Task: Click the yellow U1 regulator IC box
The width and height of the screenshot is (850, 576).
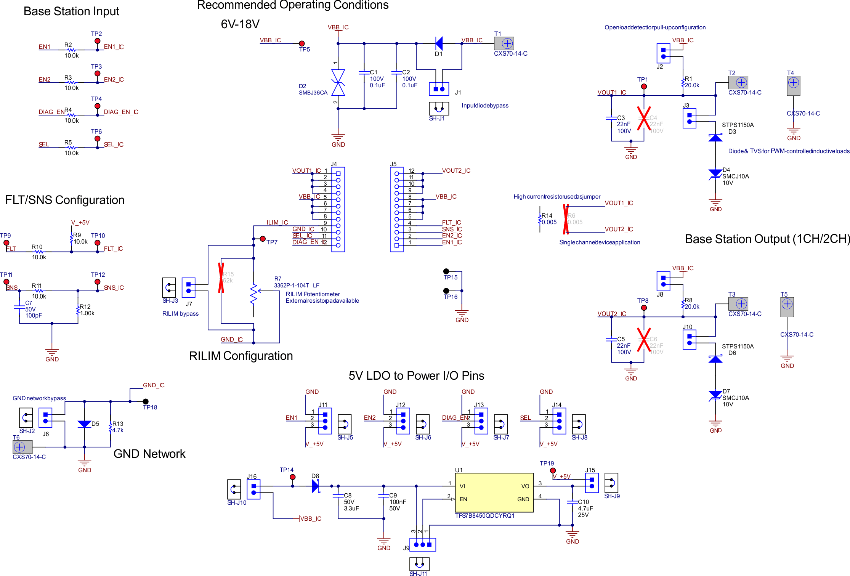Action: coord(494,493)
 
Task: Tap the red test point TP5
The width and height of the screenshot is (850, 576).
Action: coord(302,43)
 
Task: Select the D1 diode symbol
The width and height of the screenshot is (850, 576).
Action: coord(439,43)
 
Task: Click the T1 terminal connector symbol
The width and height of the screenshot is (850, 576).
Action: coord(504,43)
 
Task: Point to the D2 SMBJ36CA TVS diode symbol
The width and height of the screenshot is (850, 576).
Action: coord(338,82)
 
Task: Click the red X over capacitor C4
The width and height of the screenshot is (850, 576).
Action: coord(644,118)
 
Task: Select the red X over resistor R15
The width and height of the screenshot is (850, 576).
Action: coord(221,278)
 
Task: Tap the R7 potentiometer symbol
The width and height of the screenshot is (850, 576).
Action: coord(254,294)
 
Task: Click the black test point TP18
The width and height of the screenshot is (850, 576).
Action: coord(146,401)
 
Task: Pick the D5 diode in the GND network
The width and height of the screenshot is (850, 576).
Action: coord(84,424)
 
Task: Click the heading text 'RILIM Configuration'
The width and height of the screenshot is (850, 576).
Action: coord(241,356)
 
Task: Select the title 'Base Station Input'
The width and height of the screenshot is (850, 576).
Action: coord(71,11)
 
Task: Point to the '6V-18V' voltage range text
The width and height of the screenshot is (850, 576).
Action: coord(240,24)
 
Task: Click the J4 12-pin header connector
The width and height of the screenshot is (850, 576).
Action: coord(338,209)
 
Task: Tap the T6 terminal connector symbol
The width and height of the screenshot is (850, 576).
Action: coord(22,447)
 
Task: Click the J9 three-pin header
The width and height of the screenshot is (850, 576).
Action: coord(423,544)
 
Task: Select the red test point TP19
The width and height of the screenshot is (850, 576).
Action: coord(553,470)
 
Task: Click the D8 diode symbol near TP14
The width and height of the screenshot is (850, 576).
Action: coord(315,486)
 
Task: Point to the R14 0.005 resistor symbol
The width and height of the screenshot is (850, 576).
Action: coord(540,219)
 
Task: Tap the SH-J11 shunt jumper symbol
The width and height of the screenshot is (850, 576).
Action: coord(419,564)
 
